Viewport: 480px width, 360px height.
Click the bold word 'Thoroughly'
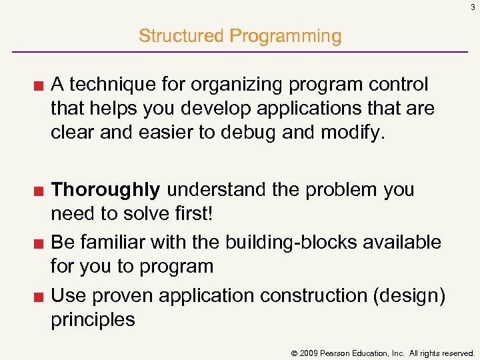(x=105, y=190)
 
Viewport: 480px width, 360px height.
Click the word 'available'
(x=401, y=241)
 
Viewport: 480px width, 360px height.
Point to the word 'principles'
(x=93, y=319)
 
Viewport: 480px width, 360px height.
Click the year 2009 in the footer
(x=307, y=352)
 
